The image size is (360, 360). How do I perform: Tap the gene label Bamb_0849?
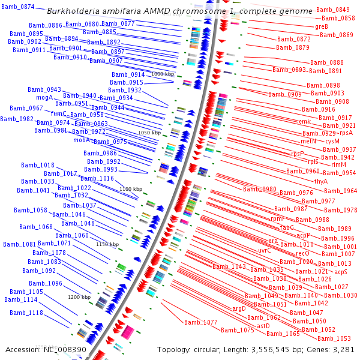(x=333, y=10)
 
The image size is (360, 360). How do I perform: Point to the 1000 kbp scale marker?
(x=162, y=74)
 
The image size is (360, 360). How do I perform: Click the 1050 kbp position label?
(x=149, y=132)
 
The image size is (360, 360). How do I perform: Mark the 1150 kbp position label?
(x=107, y=244)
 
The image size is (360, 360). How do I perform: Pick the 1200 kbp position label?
(x=79, y=296)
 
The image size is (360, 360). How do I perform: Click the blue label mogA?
(x=44, y=97)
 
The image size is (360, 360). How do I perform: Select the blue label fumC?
(x=59, y=113)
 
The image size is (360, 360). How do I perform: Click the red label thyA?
(x=321, y=181)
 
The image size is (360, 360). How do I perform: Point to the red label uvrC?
(x=265, y=250)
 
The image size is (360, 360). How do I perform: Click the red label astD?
(x=263, y=326)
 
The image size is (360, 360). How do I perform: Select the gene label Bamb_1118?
(x=26, y=313)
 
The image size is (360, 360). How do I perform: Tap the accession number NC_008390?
(x=63, y=349)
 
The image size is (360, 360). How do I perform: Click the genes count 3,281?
(x=343, y=349)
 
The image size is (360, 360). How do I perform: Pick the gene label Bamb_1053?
(x=334, y=338)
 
